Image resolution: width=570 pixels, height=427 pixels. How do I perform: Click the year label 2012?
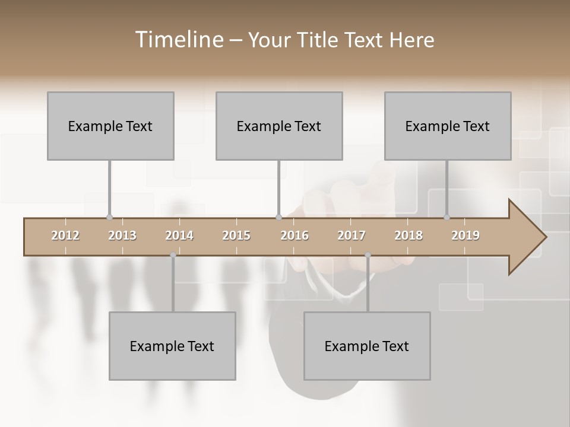point(65,235)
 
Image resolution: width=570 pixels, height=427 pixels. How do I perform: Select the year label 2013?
point(122,235)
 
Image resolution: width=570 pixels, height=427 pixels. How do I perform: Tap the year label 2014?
point(179,235)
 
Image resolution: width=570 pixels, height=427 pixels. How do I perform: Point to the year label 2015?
point(236,235)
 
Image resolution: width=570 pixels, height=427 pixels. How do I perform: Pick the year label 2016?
point(294,235)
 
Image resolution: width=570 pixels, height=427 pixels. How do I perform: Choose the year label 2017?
point(351,235)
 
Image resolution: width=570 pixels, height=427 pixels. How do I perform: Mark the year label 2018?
point(408,235)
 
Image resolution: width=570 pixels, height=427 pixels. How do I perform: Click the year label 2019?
point(465,235)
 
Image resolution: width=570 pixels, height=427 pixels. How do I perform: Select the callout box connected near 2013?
point(110,126)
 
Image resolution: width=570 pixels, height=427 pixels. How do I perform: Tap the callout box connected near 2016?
point(279,126)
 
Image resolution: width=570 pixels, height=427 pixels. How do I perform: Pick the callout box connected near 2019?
point(448,126)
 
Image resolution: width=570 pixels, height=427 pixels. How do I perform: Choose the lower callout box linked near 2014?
point(172,346)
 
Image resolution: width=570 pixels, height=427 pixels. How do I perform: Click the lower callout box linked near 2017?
point(367,346)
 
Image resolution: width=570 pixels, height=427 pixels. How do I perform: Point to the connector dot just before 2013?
point(109,218)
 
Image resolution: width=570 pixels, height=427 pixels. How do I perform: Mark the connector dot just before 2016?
point(278,218)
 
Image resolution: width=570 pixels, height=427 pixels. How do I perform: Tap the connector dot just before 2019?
point(447,218)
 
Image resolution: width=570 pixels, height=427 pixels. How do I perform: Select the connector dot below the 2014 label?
point(173,255)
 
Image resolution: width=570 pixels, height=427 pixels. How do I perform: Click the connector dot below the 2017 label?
point(368,255)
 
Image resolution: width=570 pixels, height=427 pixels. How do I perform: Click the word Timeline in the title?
point(178,40)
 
